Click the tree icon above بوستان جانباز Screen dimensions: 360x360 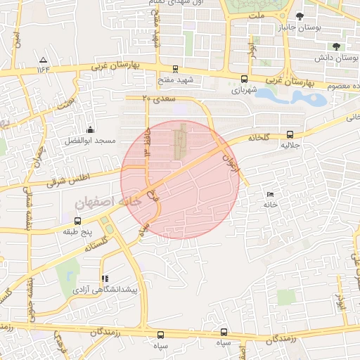300,16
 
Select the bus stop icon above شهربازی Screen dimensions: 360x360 244,79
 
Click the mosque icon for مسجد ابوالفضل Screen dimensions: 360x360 90,129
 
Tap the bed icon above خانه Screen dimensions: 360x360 271,195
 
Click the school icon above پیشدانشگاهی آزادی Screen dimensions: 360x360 105,278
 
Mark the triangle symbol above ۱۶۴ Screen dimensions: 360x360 44,60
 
